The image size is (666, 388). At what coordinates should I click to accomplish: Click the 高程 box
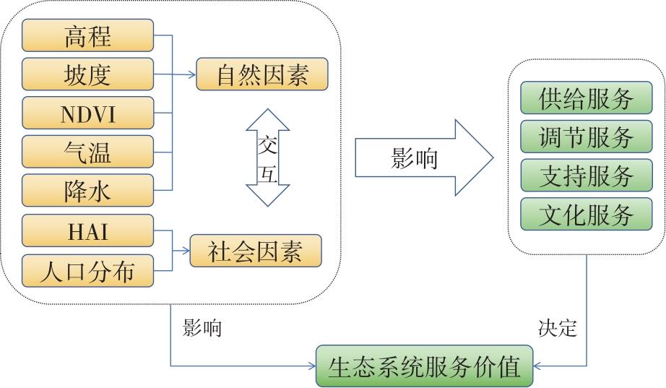pos(88,35)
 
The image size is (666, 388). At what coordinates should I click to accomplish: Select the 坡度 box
pos(88,74)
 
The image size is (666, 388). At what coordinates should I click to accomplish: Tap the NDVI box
pos(88,113)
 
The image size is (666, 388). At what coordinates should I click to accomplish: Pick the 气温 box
pos(88,152)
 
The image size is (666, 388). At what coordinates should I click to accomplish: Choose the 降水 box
pos(88,191)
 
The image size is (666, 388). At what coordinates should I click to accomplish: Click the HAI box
pos(88,230)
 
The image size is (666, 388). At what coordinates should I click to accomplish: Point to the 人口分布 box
pos(88,270)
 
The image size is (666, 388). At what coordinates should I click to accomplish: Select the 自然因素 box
pos(261,74)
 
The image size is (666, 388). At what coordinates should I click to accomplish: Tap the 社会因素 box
pos(255,251)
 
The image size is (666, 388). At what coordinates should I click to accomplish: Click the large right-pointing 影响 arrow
pos(423,158)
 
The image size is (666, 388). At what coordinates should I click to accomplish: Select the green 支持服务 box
pos(586,176)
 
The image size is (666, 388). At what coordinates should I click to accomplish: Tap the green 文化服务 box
pos(586,215)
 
